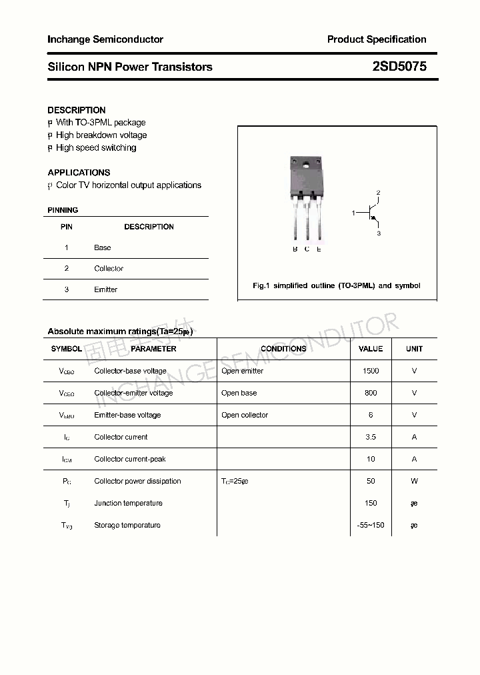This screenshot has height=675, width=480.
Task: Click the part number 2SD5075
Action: pos(399,67)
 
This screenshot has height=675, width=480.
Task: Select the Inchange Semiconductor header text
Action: pos(105,39)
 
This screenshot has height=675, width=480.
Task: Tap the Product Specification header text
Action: pos(377,39)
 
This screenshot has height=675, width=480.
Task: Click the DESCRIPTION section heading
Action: pos(77,110)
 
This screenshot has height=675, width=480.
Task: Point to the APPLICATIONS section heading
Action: pos(79,172)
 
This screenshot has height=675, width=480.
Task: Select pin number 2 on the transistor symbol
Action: pos(378,193)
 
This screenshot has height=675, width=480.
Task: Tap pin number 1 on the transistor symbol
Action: pos(354,213)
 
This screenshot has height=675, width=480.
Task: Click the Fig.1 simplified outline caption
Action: pos(337,285)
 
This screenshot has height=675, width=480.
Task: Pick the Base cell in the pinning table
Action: pos(103,247)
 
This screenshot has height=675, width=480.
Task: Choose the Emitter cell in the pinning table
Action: pos(105,289)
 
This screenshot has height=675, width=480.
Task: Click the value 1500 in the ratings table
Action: pos(371,371)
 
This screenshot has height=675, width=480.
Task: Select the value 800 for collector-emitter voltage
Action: pos(371,393)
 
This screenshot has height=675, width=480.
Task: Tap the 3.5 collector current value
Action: pos(371,437)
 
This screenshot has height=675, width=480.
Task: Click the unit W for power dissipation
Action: pos(414,481)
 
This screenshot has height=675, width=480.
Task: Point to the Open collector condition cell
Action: pos(245,415)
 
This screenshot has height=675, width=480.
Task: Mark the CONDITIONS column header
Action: pos(283,349)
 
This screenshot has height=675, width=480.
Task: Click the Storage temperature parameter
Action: pos(127,525)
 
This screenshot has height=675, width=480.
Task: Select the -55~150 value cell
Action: pos(371,525)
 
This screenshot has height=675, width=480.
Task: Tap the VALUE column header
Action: pos(371,349)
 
